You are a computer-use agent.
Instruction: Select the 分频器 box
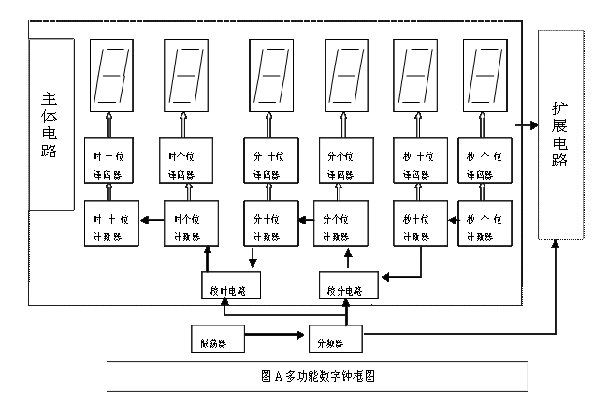(x=335, y=339)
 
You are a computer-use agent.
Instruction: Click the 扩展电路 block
(x=560, y=136)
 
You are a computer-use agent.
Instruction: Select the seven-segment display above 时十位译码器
(x=110, y=73)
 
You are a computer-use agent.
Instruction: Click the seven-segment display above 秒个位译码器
(x=485, y=73)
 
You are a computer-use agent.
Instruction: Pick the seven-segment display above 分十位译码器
(x=271, y=73)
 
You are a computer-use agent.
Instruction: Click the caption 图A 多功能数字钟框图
(x=319, y=377)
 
